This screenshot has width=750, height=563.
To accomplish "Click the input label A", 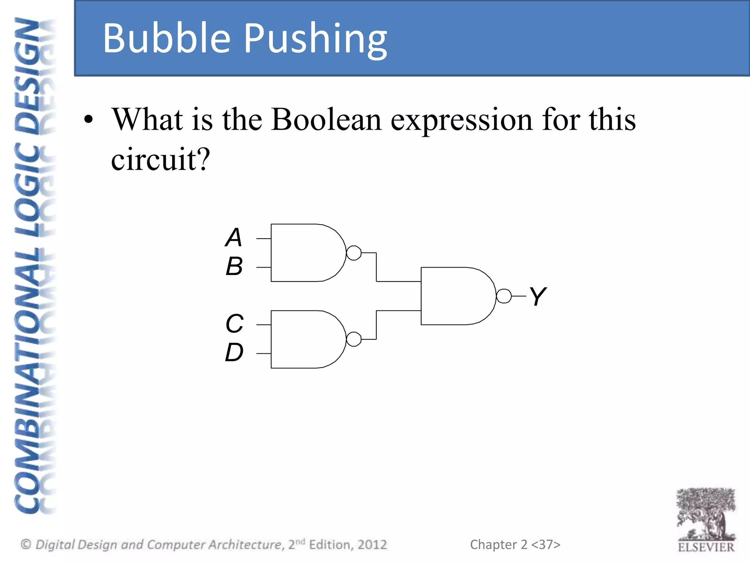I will pyautogui.click(x=234, y=238).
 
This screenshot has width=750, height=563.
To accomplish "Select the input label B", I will pyautogui.click(x=234, y=266).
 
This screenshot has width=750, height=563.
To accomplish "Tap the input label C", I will pyautogui.click(x=234, y=324).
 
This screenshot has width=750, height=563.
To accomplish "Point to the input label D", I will pyautogui.click(x=234, y=353).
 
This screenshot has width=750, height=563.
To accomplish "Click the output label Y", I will pyautogui.click(x=538, y=296).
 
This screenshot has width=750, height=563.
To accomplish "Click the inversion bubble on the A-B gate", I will pyautogui.click(x=354, y=253).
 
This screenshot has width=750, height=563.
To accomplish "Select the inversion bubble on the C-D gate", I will pyautogui.click(x=354, y=339).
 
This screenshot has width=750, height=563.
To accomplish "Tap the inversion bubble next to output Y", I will pyautogui.click(x=504, y=296).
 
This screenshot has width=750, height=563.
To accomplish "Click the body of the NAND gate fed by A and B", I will pyautogui.click(x=306, y=253).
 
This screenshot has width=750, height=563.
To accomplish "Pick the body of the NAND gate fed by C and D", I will pyautogui.click(x=306, y=339).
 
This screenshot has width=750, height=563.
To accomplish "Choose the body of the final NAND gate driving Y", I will pyautogui.click(x=456, y=296).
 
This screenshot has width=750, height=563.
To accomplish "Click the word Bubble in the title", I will pyautogui.click(x=167, y=38).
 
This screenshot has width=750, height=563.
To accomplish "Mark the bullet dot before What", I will pyautogui.click(x=88, y=120).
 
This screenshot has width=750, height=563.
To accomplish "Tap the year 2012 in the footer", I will pyautogui.click(x=372, y=545).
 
